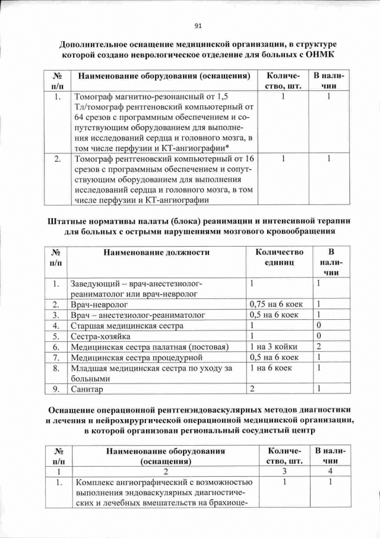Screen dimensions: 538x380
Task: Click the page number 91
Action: pyautogui.click(x=198, y=26)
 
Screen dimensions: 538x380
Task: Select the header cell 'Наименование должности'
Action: pyautogui.click(x=156, y=252)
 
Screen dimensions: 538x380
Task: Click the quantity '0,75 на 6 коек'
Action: pyautogui.click(x=274, y=304)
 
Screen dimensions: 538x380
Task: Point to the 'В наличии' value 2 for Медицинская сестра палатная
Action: pyautogui.click(x=319, y=347)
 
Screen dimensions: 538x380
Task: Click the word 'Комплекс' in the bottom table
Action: pyautogui.click(x=94, y=482)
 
